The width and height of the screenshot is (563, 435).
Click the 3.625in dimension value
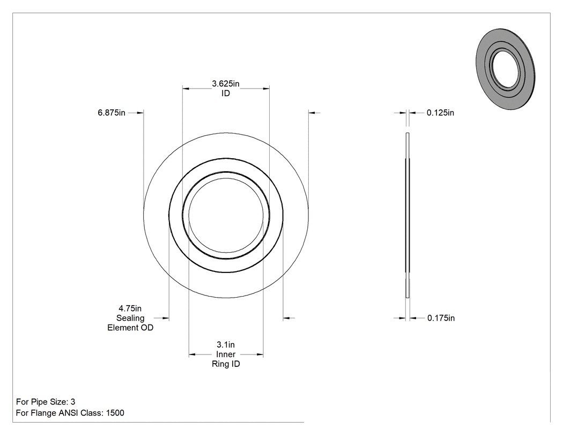tap(226, 84)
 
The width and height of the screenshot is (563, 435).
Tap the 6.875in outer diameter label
tap(112, 113)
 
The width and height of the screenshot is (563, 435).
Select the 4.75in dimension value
tap(130, 308)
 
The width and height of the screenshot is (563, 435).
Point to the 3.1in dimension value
tap(226, 345)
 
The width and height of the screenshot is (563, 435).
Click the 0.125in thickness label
tap(440, 113)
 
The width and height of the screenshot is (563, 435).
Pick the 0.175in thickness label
tap(441, 318)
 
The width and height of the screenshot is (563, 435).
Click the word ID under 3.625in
tap(226, 93)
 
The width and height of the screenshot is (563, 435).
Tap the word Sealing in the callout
tap(130, 318)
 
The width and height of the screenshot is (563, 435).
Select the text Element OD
tap(130, 328)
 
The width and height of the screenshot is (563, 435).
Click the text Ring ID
tap(226, 364)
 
